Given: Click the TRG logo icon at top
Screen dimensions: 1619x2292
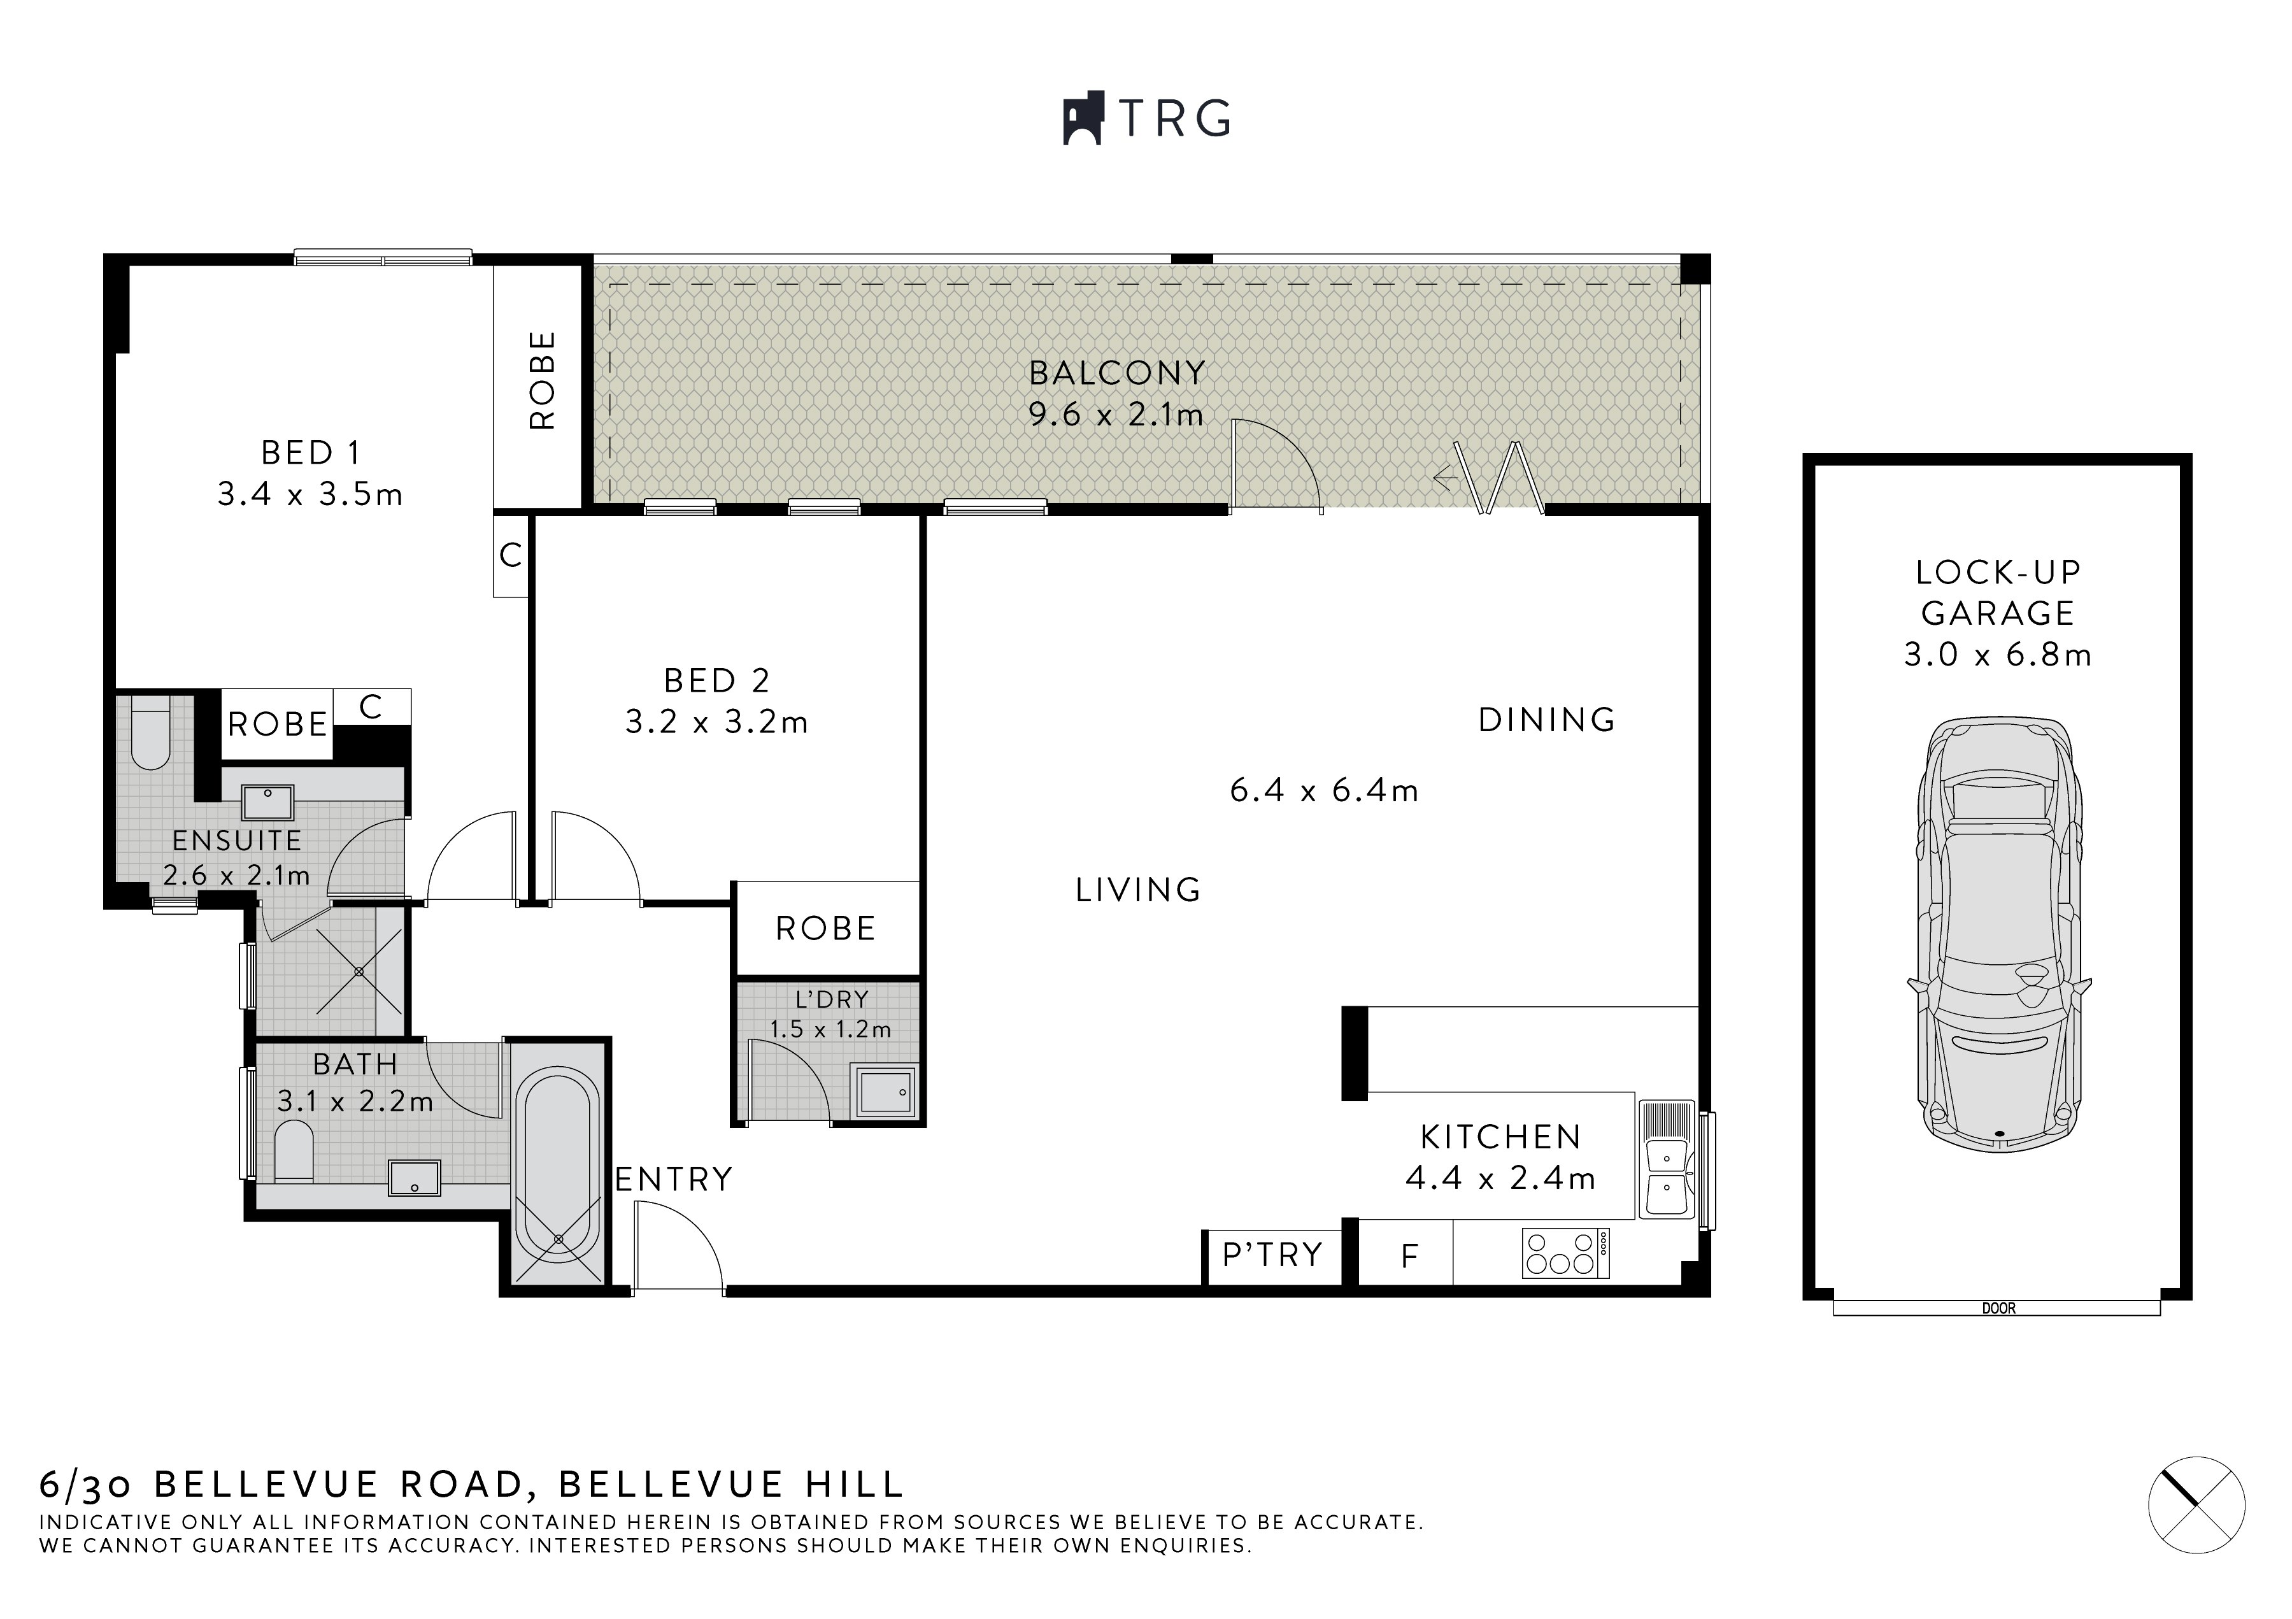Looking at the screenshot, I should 1082,118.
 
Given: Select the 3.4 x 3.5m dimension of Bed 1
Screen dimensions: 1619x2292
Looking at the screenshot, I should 310,494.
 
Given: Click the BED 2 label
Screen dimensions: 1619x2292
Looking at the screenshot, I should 716,681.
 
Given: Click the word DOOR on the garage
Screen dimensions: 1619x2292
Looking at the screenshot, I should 1998,1308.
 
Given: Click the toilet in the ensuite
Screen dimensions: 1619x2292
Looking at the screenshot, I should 152,734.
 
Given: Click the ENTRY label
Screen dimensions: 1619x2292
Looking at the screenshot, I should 674,1180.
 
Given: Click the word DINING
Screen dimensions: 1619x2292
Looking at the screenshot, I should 1546,720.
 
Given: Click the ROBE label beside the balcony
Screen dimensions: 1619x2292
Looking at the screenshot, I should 540,382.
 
